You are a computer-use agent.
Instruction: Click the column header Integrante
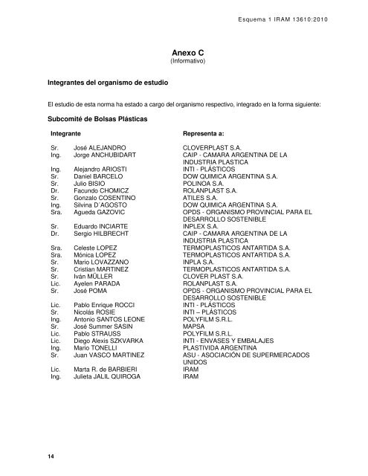[x=65, y=134]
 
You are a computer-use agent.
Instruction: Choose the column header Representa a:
[x=210, y=134]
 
